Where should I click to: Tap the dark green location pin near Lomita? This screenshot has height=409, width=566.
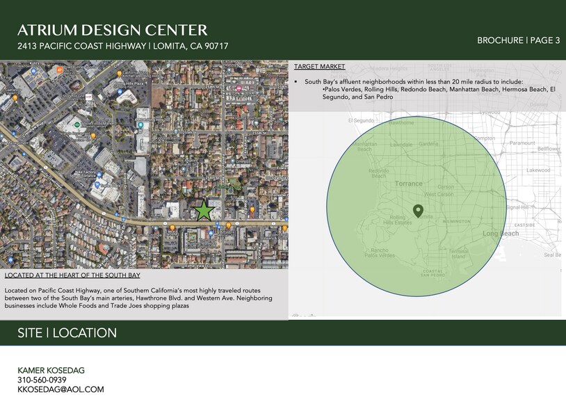coord(418,210)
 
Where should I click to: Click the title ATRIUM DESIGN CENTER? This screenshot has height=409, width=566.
coord(113,30)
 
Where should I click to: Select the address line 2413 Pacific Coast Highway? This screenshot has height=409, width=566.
coord(123,46)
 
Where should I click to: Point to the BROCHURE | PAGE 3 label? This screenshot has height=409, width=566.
coord(518,40)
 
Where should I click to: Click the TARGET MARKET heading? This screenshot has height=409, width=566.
coord(319,67)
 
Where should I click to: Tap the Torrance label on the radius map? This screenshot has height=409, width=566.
coord(408,184)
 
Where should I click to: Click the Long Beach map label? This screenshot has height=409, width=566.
coord(501,234)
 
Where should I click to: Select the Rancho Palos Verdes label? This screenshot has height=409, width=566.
coord(379,254)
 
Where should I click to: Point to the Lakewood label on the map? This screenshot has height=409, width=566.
coord(537,170)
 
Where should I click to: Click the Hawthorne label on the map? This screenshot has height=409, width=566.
coord(381,122)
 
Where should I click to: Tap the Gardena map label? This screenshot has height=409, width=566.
coord(428,144)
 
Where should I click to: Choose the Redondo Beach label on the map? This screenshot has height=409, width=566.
coord(379,173)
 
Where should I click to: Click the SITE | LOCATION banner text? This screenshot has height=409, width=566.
coord(67,333)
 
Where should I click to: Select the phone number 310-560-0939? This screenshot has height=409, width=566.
coord(42,380)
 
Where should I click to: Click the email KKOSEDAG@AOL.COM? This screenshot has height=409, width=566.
coord(60,390)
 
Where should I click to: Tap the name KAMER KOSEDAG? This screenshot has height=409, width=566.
coord(51,370)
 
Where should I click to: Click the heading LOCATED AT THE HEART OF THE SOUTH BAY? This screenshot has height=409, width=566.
coord(70,275)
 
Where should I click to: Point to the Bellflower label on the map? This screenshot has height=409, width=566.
coord(549,149)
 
